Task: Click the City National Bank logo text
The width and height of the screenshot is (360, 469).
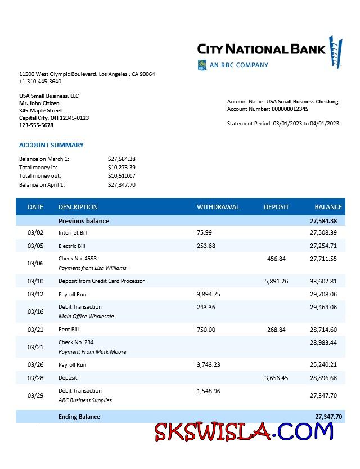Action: coord(262,49)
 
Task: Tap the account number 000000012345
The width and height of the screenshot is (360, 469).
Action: coord(290,109)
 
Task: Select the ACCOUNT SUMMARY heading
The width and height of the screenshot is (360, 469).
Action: coord(51,145)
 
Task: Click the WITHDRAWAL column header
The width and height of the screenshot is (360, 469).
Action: coord(218,207)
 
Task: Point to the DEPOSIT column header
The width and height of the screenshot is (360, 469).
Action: coord(276,207)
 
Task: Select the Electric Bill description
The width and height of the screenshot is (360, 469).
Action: coord(72,246)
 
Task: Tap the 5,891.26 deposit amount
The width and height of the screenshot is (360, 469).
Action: coord(276,281)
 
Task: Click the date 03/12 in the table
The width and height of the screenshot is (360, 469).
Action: coord(35,294)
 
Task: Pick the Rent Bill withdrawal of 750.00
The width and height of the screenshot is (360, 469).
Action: coord(206,330)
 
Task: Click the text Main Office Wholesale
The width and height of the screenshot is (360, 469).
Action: coord(86,317)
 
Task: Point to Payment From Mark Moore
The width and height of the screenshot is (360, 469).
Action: coord(92,352)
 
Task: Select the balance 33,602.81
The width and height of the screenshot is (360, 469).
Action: coord(323,281)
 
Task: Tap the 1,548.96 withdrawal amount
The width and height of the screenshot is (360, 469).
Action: coord(209,391)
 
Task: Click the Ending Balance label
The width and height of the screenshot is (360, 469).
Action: coord(79,417)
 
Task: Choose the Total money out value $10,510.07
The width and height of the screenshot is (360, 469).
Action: coord(121,176)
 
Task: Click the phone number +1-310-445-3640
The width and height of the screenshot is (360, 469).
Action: coord(40,82)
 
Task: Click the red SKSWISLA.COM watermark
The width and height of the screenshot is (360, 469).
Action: coord(244,432)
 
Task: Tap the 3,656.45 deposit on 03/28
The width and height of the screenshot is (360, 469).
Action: coord(276,378)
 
